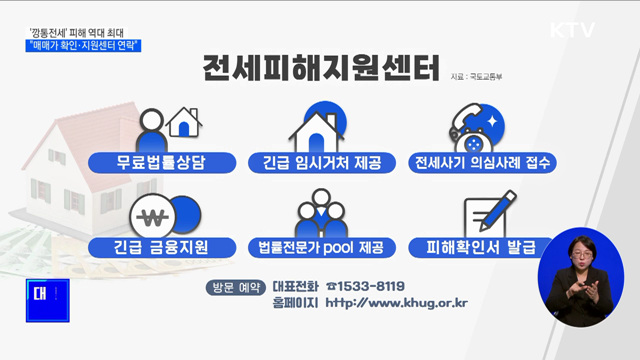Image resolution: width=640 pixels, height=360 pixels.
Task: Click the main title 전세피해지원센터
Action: click(x=320, y=73)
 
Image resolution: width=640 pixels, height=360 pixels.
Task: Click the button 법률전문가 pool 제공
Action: click(x=319, y=246)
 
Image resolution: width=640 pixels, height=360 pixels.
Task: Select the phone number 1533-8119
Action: click(x=371, y=285)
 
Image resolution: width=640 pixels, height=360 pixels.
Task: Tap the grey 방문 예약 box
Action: click(x=235, y=287)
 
